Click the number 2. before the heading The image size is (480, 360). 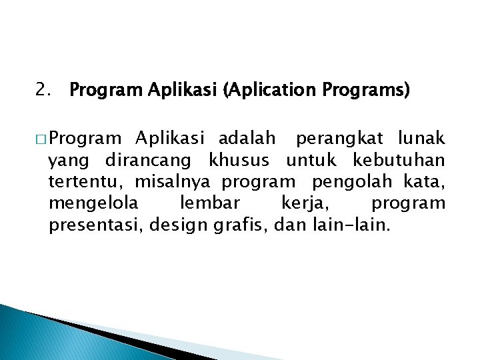45,89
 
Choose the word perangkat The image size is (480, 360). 339,139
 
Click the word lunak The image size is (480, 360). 421,139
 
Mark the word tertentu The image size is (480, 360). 87,182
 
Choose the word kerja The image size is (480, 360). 303,203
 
